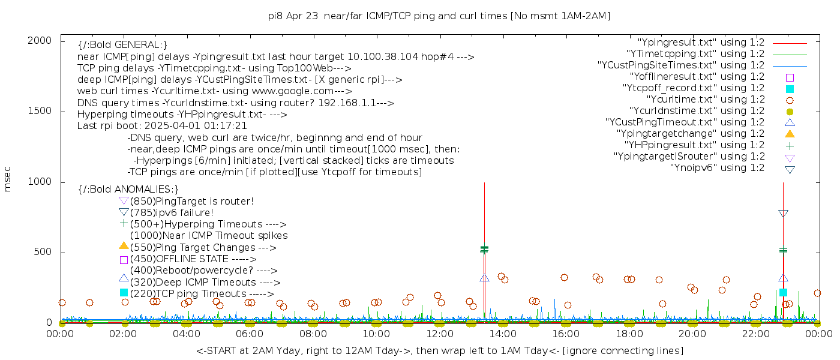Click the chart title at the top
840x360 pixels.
439,16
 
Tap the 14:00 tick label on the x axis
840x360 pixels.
503,334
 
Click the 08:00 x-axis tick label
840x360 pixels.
313,334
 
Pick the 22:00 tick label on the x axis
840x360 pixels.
755,334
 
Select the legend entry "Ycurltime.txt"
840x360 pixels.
705,100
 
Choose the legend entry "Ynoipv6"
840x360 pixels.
717,168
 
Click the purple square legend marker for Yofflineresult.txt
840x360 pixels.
790,77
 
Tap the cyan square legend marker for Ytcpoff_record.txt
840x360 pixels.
790,89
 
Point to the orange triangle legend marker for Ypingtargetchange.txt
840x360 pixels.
790,134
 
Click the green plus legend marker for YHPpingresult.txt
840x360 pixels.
790,145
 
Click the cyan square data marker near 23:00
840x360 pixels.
783,292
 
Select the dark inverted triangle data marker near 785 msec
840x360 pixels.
783,214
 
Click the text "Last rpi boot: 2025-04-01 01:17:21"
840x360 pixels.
162,126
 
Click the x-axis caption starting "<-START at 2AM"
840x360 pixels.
439,350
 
